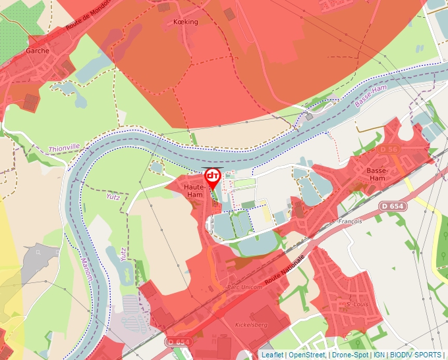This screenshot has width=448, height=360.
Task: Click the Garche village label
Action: pyautogui.click(x=38, y=50)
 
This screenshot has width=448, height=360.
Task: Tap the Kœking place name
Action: pyautogui.click(x=184, y=22)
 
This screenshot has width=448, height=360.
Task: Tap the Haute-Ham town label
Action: pyautogui.click(x=194, y=191)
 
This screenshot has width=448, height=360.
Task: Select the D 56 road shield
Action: pyautogui.click(x=389, y=150)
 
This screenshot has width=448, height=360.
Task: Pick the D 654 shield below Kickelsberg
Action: pyautogui.click(x=179, y=342)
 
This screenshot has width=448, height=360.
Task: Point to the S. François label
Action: pyautogui.click(x=348, y=221)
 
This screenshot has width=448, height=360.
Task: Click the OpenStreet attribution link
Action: pyautogui.click(x=306, y=355)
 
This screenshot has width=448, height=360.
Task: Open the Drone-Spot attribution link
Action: pyautogui.click(x=349, y=355)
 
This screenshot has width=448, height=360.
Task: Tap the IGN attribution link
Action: pyautogui.click(x=379, y=355)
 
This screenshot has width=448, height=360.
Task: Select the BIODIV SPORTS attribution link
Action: pyautogui.click(x=416, y=355)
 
